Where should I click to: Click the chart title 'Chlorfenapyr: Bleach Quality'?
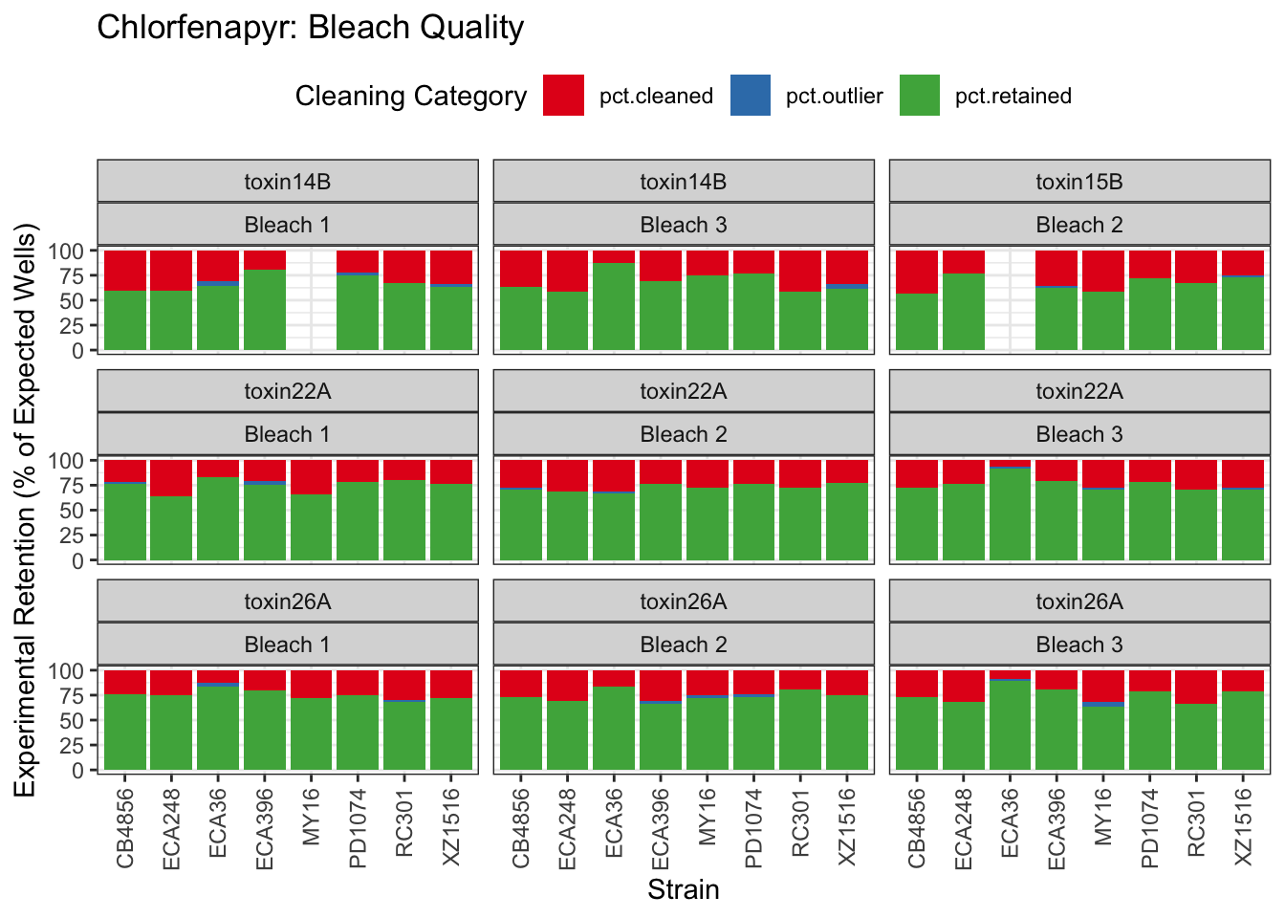(310, 28)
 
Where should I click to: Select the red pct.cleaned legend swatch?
(563, 96)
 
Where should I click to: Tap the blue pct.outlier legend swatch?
(751, 96)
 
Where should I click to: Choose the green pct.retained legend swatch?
(920, 96)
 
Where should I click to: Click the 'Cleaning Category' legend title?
(410, 96)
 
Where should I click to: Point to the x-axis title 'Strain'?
(683, 889)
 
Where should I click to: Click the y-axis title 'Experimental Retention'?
(26, 509)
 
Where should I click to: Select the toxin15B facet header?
(1079, 182)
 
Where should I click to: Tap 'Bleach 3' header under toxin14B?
(683, 225)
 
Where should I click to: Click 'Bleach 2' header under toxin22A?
(683, 434)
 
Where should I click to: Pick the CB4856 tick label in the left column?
(125, 827)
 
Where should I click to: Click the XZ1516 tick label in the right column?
(1243, 827)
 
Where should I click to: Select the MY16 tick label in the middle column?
(708, 818)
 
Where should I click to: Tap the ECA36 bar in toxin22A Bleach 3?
(1010, 512)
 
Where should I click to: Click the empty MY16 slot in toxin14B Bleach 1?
(311, 300)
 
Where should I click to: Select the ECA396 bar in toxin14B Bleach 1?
(265, 306)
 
